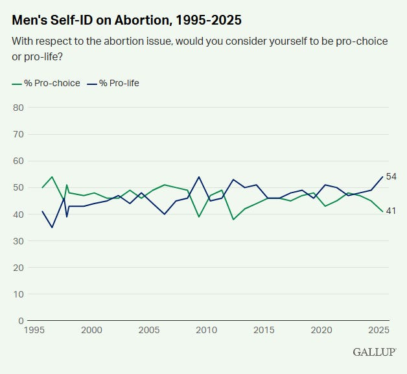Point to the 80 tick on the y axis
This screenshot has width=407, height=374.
pyautogui.click(x=19, y=108)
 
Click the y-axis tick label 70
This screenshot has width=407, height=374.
pyautogui.click(x=19, y=134)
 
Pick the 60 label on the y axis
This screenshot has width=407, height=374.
pyautogui.click(x=19, y=161)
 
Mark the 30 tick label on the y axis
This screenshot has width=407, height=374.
pyautogui.click(x=19, y=240)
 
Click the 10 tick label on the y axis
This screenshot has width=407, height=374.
pyautogui.click(x=19, y=294)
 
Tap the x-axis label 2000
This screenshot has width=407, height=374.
pyautogui.click(x=92, y=331)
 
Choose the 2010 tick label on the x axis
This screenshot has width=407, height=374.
pyautogui.click(x=207, y=331)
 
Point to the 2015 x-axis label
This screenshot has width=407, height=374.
pyautogui.click(x=264, y=331)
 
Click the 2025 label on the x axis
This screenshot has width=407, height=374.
pyautogui.click(x=378, y=331)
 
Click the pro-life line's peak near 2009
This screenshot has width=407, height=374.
pyautogui.click(x=198, y=177)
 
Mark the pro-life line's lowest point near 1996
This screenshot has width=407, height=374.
pyautogui.click(x=52, y=228)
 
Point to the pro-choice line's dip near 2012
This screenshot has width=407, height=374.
pyautogui.click(x=233, y=219)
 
